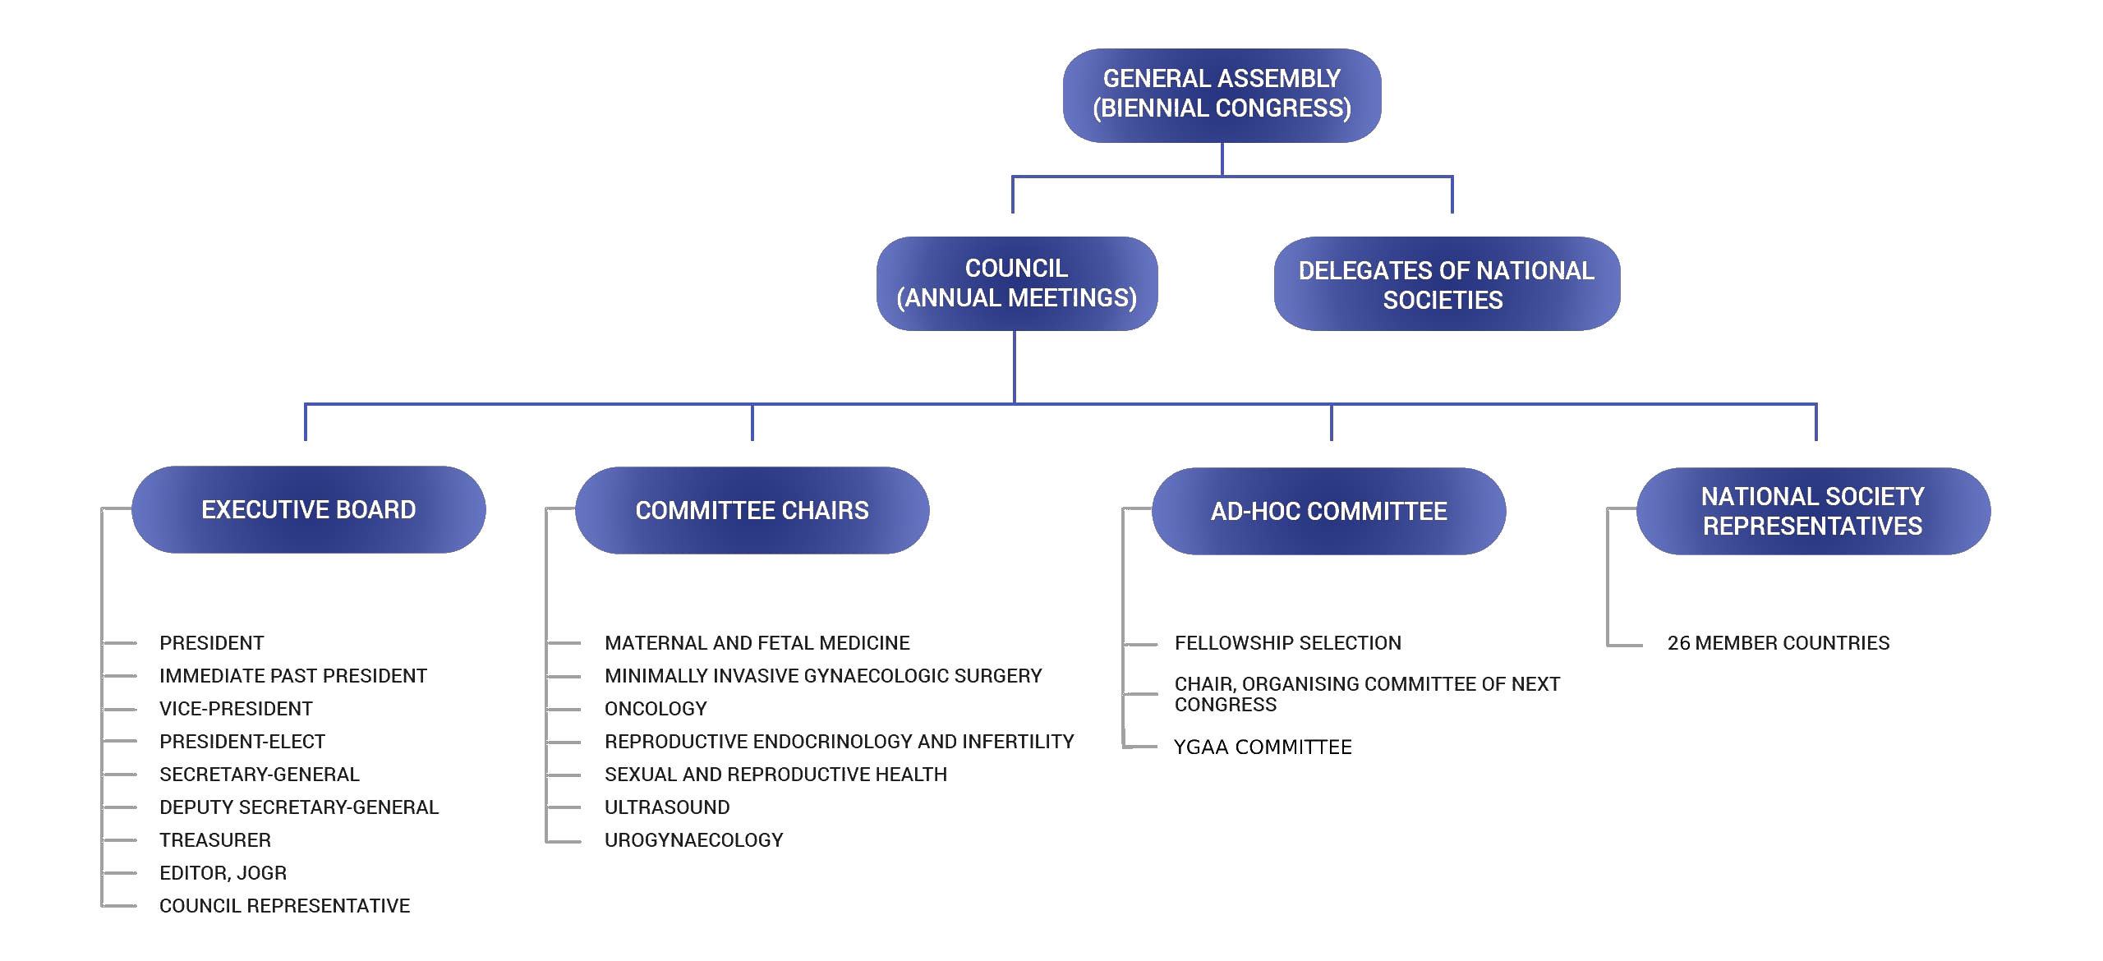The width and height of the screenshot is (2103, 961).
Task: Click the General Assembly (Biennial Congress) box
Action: [x=1222, y=95]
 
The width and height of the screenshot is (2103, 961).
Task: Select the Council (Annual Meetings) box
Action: [x=1017, y=283]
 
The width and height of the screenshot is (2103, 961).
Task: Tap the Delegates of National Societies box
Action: [x=1447, y=283]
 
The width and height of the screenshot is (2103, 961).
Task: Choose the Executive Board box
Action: [x=309, y=509]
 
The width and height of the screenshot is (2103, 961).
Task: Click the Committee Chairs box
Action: [x=752, y=510]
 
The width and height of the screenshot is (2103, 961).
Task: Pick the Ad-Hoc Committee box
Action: [x=1329, y=511]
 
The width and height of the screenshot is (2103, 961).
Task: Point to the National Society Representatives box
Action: [x=1813, y=511]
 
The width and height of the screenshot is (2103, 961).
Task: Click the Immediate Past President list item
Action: [x=293, y=676]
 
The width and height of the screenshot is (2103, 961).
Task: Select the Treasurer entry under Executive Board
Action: [x=215, y=840]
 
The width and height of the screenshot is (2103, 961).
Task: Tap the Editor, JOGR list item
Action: [x=223, y=873]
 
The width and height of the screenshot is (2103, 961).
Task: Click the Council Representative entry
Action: [x=284, y=906]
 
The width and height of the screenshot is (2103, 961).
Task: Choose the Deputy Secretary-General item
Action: [x=299, y=807]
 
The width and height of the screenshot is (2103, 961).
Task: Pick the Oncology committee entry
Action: [x=656, y=709]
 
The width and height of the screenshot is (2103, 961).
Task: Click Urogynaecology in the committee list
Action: [x=694, y=840]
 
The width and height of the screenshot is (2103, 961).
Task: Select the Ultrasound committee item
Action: [x=667, y=807]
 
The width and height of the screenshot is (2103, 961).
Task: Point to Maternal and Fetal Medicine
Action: [x=757, y=643]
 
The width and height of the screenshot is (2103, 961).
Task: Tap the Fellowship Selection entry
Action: [x=1288, y=643]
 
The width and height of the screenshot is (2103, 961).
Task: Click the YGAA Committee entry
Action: [x=1263, y=747]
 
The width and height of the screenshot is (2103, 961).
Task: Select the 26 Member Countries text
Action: [x=1779, y=643]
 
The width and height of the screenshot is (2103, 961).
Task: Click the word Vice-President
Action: [x=236, y=709]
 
